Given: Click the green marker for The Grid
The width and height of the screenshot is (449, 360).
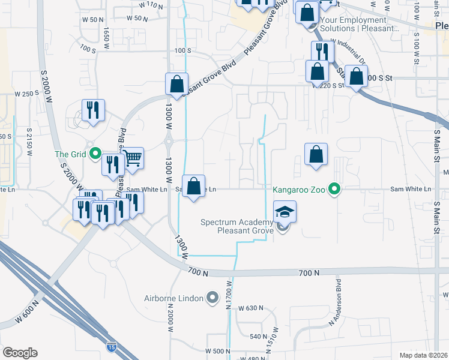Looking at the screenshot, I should pyautogui.click(x=95, y=154).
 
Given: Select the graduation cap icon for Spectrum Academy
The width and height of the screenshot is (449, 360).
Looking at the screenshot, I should pyautogui.click(x=285, y=211).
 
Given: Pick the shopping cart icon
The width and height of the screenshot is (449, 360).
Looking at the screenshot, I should pyautogui.click(x=133, y=158).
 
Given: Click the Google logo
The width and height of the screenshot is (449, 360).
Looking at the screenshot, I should pyautogui.click(x=19, y=353).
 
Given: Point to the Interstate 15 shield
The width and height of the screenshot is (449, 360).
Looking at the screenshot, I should pyautogui.click(x=111, y=347).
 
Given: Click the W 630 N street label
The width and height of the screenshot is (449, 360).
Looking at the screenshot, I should pyautogui.click(x=251, y=308).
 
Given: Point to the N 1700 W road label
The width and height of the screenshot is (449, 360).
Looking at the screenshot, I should pyautogui.click(x=229, y=295).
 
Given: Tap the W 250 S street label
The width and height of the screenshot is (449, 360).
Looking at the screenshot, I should pyautogui.click(x=26, y=94).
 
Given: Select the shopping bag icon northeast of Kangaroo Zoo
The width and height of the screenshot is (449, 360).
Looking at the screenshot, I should pyautogui.click(x=316, y=154).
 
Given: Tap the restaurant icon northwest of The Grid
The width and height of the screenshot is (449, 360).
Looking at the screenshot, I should pyautogui.click(x=93, y=110).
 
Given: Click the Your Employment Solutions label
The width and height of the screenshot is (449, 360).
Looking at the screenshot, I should pyautogui.click(x=360, y=24).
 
